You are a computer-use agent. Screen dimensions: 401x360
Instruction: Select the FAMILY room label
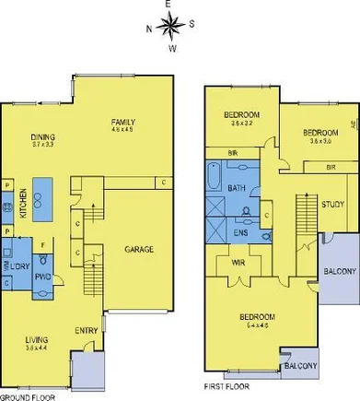coord(123,123)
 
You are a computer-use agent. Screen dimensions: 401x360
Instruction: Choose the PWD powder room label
coord(42,274)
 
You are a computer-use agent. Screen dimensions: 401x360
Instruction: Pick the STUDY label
coord(332,206)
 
